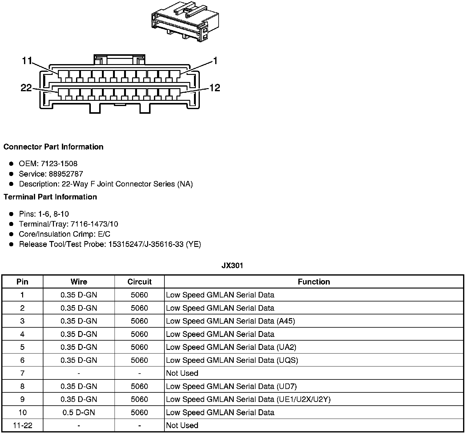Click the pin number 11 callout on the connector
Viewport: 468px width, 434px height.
27,61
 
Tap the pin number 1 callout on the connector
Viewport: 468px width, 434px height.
215,61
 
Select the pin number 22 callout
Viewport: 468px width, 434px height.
26,88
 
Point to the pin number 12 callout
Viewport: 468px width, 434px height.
215,88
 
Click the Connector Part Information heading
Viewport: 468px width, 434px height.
53,147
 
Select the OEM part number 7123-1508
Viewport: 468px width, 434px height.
59,164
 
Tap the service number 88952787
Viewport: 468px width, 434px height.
66,174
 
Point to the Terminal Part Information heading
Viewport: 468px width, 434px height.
50,197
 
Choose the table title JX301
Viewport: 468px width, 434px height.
232,265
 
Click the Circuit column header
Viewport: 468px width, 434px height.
139,282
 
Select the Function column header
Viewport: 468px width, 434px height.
314,282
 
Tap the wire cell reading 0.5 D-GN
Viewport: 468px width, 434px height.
79,412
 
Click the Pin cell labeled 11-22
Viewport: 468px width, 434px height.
22,425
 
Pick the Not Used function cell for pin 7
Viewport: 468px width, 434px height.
182,373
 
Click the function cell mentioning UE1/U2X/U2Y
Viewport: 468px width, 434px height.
248,399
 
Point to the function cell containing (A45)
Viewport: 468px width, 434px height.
230,321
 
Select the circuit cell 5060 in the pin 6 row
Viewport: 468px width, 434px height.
139,360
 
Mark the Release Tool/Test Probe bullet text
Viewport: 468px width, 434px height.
110,244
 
